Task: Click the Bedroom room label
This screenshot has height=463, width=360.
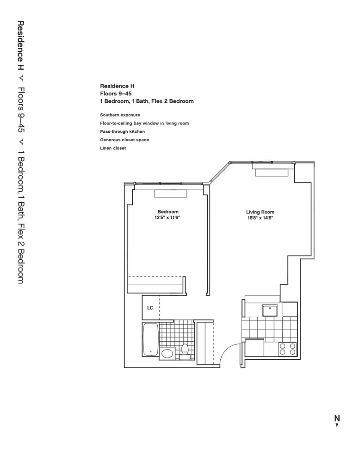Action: click(x=168, y=212)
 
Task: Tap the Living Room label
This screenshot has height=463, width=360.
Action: click(x=260, y=212)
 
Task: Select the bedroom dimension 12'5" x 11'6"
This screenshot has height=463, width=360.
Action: click(x=168, y=218)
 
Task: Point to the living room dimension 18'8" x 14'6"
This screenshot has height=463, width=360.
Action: click(x=260, y=218)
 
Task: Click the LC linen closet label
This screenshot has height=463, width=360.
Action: click(x=150, y=307)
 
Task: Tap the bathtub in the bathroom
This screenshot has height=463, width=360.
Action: click(x=150, y=339)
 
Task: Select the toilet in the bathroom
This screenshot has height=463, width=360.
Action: click(x=185, y=351)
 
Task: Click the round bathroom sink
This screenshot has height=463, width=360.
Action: click(x=167, y=354)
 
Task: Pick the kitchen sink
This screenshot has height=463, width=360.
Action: click(x=269, y=309)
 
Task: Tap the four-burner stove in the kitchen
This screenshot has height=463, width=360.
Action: click(x=287, y=349)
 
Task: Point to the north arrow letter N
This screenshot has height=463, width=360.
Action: click(x=337, y=418)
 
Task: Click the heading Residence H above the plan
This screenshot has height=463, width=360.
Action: click(x=117, y=86)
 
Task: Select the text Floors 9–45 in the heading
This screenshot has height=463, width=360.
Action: click(x=112, y=93)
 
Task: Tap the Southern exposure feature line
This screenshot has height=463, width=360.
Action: click(x=120, y=115)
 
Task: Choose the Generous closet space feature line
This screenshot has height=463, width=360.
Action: click(x=124, y=140)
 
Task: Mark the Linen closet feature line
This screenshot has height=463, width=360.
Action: click(x=113, y=148)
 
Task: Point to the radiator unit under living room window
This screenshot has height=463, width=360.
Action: click(x=273, y=172)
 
